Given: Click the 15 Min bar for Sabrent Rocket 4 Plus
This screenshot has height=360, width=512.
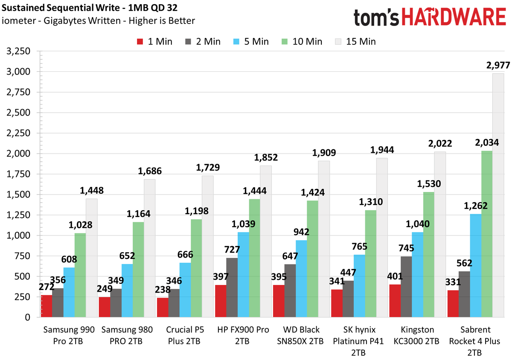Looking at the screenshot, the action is tap(498, 195).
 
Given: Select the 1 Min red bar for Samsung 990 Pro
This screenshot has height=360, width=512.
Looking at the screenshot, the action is tap(47, 306).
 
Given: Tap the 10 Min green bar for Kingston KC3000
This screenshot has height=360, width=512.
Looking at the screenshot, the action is tap(428, 255).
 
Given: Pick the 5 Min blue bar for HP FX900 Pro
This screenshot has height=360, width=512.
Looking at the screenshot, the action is tap(243, 275).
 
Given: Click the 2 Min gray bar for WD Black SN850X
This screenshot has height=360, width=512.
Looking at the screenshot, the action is tap(290, 291).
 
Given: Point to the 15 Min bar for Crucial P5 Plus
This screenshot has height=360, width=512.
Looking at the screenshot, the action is tap(208, 247).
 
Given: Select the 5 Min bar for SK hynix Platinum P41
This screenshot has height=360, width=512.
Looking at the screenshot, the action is tap(359, 286).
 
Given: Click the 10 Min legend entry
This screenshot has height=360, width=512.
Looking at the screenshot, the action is tap(302, 42).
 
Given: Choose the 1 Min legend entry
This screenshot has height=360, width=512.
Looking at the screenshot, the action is tap(154, 42).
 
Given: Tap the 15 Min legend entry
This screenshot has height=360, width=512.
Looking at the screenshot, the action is tap(355, 42).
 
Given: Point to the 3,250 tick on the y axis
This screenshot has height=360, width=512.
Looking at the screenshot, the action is tap(18, 51).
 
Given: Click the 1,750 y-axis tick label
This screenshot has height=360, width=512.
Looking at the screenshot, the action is tap(18, 174).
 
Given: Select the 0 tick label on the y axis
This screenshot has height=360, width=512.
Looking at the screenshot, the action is tap(27, 317).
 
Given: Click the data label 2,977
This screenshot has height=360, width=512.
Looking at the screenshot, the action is tap(498, 65).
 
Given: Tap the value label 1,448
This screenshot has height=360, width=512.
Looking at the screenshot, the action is tap(92, 190).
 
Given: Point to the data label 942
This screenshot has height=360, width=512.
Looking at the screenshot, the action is tap(301, 232).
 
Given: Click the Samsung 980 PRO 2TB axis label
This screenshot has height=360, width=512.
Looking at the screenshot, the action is tap(127, 335).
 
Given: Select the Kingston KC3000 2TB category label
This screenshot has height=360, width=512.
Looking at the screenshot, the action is tap(416, 335).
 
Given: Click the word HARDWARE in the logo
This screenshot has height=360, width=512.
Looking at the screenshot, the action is tap(454, 17).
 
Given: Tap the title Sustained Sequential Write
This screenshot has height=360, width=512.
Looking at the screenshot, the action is tap(61, 8).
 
